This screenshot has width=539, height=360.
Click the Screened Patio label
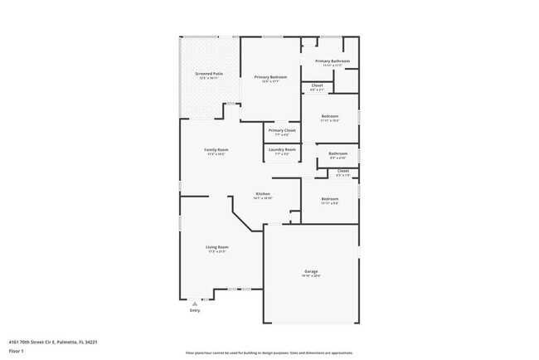click(209, 74)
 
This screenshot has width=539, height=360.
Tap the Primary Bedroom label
click(270, 77)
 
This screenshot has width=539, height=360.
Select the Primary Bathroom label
click(332, 61)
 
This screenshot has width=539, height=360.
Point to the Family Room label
click(216, 150)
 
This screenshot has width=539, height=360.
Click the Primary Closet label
click(282, 130)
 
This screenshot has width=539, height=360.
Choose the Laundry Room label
click(282, 149)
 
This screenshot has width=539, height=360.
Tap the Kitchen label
click(263, 194)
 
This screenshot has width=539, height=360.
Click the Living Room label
click(217, 247)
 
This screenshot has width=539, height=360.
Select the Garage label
click(311, 271)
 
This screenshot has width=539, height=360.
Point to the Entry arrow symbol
click(195, 304)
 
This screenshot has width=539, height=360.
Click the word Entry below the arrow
click(195, 310)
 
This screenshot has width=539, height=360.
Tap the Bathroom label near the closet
click(337, 153)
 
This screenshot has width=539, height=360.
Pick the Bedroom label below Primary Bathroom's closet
click(330, 116)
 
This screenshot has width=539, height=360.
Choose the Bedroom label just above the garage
click(330, 198)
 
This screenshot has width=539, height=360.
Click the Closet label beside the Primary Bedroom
click(317, 85)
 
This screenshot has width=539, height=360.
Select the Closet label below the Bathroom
click(342, 171)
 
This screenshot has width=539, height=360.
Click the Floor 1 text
click(17, 350)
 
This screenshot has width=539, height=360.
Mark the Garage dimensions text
click(311, 276)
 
